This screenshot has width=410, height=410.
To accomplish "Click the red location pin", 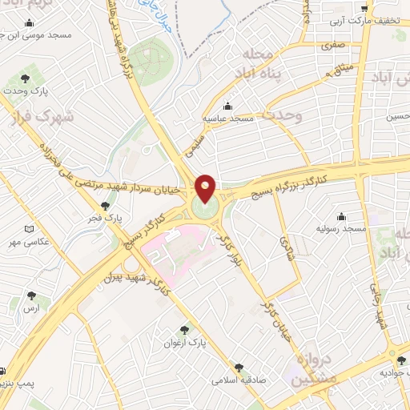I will tap(206, 188).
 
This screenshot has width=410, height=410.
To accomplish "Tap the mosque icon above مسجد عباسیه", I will tap(227, 106).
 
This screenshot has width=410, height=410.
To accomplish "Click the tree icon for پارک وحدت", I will tap(25, 79).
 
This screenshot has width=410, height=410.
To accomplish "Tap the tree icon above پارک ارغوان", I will tap(186, 330).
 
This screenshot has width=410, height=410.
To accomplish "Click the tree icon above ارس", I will tap(31, 295).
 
